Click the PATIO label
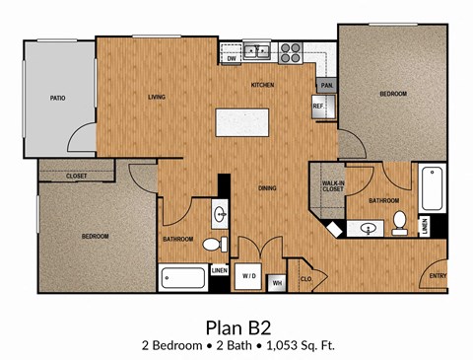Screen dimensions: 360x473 coord(58,98)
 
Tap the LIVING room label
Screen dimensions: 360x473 coord(157,97)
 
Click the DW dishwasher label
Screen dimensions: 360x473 coord(232,59)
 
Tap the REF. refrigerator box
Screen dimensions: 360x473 coord(320,106)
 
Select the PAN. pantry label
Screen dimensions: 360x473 coord(326,85)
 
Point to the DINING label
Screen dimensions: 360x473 coord(266,187)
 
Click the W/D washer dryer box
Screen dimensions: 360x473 coord(250,277)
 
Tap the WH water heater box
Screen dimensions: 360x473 coord(277,283)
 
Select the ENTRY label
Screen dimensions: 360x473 coord(438,275)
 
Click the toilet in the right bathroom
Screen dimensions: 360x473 coord(399,223)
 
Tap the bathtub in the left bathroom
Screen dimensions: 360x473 coord(183,277)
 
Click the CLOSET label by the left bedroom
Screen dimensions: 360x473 coord(76,176)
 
